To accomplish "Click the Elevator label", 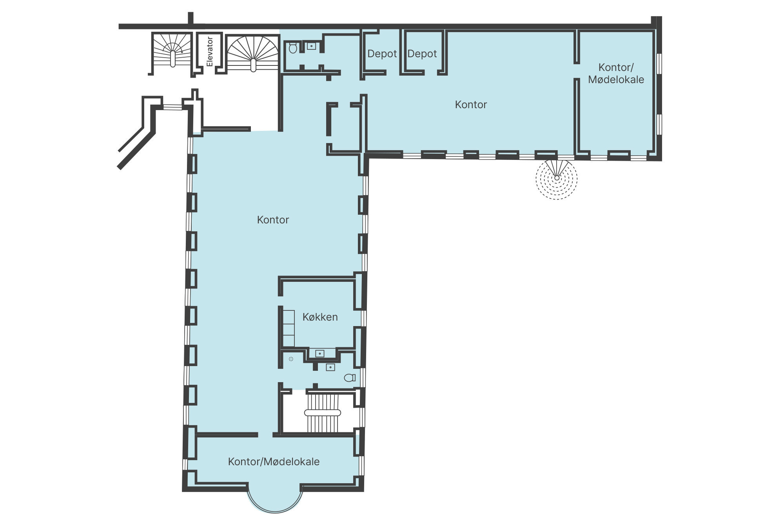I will pos(210,52).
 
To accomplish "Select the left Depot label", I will pos(382,54).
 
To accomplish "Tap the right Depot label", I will pos(422,54).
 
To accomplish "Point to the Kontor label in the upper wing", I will pos(471,105).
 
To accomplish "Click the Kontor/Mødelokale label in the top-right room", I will pos(616,74).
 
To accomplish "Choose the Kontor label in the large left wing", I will pos(273,220).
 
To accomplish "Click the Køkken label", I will pos(320,317).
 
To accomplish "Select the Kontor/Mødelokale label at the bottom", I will pos(274,462).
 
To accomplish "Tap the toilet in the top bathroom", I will pos(293,49).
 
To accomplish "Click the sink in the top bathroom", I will pos(311,46).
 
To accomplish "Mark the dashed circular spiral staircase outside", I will pos(557,178).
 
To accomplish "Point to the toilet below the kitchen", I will pos(349,378).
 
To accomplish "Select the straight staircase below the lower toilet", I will pos(323,413).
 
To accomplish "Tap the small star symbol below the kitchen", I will pos(291,359).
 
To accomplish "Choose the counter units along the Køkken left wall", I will pos(289,328).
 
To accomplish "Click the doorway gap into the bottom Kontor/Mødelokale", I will pos(265,435).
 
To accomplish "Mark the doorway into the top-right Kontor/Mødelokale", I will pos(577,71).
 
